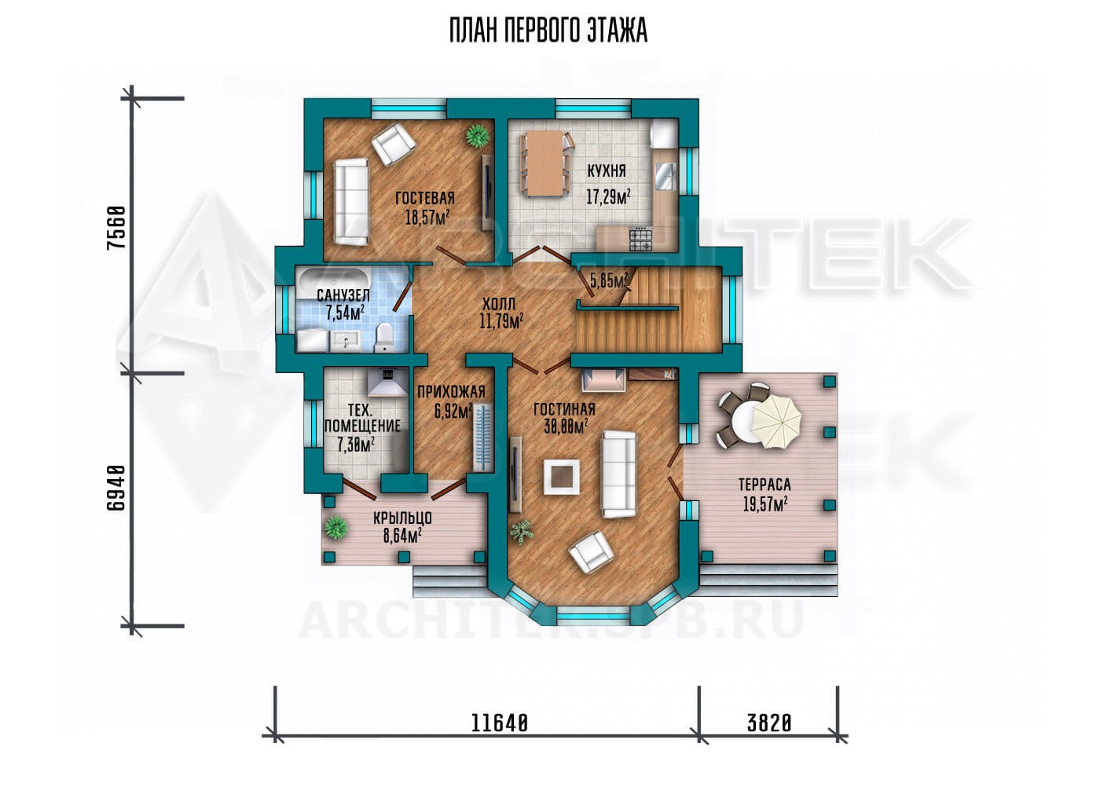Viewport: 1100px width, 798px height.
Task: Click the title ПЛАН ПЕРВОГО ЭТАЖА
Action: click(x=548, y=31)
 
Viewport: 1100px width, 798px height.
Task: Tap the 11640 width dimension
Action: click(x=500, y=723)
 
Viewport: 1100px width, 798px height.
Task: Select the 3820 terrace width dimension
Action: click(x=769, y=723)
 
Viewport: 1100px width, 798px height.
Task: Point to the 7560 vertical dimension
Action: click(x=116, y=229)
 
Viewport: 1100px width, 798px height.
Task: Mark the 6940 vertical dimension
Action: click(x=116, y=488)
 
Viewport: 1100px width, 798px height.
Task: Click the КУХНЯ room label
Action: click(x=607, y=170)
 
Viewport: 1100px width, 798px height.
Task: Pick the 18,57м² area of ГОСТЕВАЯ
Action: click(x=427, y=217)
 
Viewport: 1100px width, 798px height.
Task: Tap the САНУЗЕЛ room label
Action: click(x=343, y=295)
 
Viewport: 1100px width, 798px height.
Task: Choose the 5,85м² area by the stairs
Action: click(x=609, y=280)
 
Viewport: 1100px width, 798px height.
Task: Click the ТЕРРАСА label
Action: click(x=764, y=485)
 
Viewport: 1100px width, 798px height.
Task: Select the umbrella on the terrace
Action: click(x=776, y=421)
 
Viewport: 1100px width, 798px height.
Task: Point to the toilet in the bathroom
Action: click(x=383, y=339)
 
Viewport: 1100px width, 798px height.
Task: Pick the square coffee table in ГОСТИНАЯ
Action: click(x=560, y=477)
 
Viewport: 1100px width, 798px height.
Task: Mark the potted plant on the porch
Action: click(x=336, y=529)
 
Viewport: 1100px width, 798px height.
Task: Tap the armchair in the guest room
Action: click(x=394, y=145)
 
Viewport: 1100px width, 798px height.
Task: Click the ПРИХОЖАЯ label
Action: click(x=451, y=391)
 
